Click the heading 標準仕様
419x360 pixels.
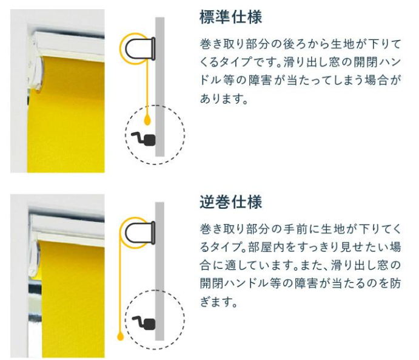click(x=231, y=17)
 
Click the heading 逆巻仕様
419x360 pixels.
click(x=231, y=202)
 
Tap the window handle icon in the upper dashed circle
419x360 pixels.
click(x=144, y=139)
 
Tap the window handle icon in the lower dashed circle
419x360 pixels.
click(x=144, y=324)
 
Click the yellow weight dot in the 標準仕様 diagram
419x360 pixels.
click(x=147, y=121)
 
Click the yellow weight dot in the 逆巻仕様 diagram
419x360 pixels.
click(x=121, y=336)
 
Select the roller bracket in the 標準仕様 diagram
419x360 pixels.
click(x=140, y=49)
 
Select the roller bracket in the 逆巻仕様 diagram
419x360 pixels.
click(x=140, y=233)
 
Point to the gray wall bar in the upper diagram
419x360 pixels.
click(x=160, y=87)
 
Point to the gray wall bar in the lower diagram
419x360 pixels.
click(x=160, y=271)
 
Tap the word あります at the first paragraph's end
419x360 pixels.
click(x=220, y=99)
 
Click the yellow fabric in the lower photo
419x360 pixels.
click(x=72, y=299)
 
